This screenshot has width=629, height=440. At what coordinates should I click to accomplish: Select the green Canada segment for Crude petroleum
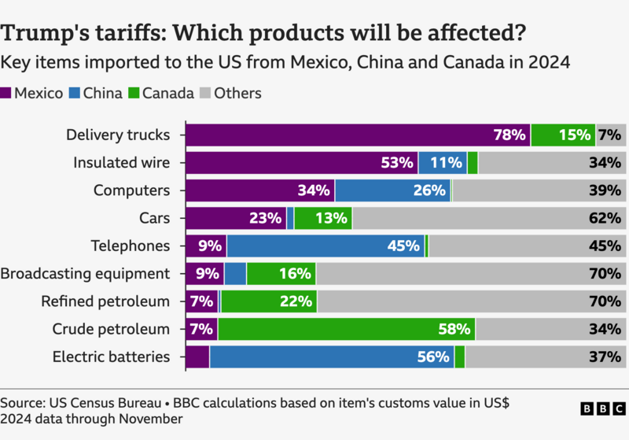(x=346, y=329)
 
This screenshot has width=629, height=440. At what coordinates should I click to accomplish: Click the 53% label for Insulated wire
(x=397, y=163)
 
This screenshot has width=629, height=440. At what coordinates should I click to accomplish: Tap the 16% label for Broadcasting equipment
(x=296, y=274)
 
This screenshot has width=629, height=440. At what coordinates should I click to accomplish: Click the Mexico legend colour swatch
(x=6, y=94)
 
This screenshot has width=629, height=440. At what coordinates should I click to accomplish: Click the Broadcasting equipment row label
(x=85, y=274)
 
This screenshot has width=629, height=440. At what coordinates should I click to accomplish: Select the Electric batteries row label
(x=111, y=357)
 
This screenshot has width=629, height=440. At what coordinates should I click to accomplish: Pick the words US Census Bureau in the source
(x=94, y=402)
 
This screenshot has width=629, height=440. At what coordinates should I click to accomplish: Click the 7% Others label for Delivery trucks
(x=609, y=135)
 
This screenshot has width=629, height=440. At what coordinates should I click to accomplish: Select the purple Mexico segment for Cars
(x=234, y=218)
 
